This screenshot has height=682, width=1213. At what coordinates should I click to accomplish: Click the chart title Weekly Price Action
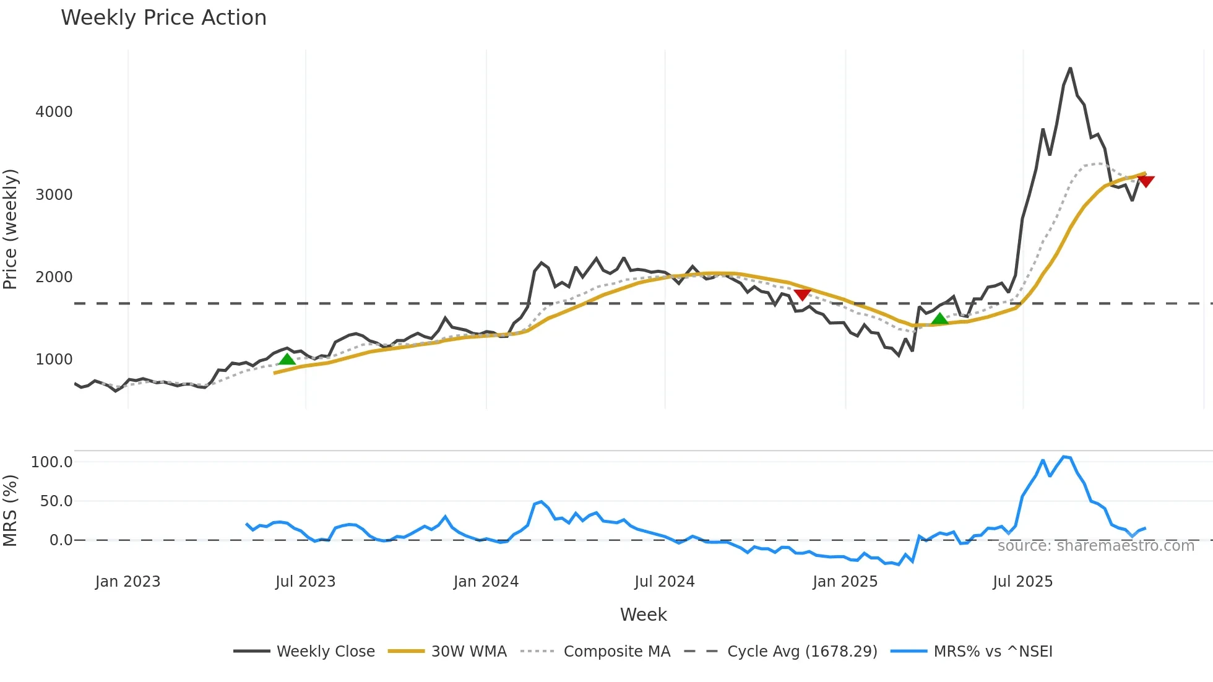click(163, 18)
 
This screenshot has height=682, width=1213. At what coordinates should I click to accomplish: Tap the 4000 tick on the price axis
click(54, 112)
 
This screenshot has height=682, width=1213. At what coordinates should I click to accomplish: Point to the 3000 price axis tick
click(54, 195)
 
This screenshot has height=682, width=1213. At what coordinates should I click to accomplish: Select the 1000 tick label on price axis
click(54, 360)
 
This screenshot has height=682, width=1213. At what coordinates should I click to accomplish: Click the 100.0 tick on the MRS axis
click(51, 462)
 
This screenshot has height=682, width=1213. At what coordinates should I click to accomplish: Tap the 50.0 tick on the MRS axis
click(56, 501)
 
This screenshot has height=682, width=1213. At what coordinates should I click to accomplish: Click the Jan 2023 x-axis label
click(127, 582)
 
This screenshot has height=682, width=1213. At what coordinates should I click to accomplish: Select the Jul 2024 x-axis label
click(664, 582)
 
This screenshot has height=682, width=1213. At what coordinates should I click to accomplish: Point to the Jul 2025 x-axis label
click(1022, 582)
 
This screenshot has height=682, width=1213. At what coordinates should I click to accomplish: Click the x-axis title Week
click(643, 615)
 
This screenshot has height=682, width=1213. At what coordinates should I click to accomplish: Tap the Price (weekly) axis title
click(11, 229)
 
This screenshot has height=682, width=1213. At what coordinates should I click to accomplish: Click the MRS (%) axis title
click(11, 511)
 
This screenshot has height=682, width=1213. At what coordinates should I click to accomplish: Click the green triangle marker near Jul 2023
click(287, 360)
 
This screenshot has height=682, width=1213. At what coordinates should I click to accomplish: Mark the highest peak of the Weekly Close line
click(1070, 68)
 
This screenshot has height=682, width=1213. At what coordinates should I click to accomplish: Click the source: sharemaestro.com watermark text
click(1095, 546)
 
